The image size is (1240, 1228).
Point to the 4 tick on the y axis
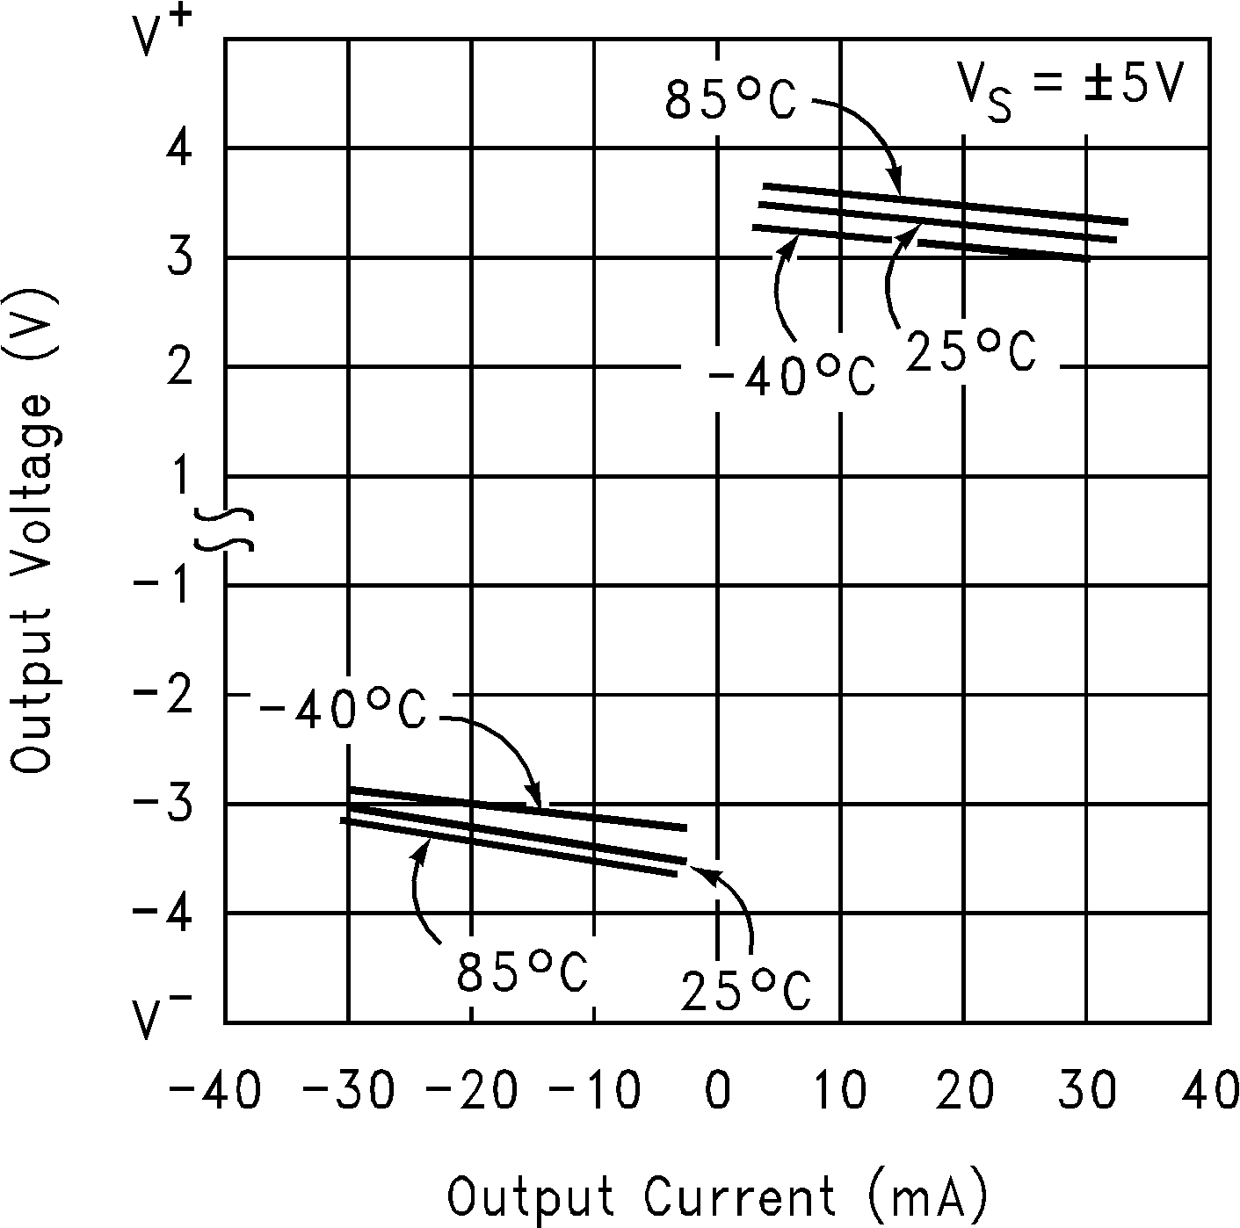180,149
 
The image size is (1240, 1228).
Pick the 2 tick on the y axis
180,367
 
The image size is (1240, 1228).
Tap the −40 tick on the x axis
215,1092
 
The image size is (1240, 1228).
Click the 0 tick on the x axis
718,1092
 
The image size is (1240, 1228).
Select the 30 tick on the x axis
1087,1092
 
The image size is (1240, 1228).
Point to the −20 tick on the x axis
461,1092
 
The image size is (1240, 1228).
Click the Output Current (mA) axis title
718,1196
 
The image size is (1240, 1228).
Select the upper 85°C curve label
730,99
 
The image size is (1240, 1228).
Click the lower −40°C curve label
344,711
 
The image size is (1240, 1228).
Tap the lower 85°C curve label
521,972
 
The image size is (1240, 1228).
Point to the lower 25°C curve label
745,990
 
